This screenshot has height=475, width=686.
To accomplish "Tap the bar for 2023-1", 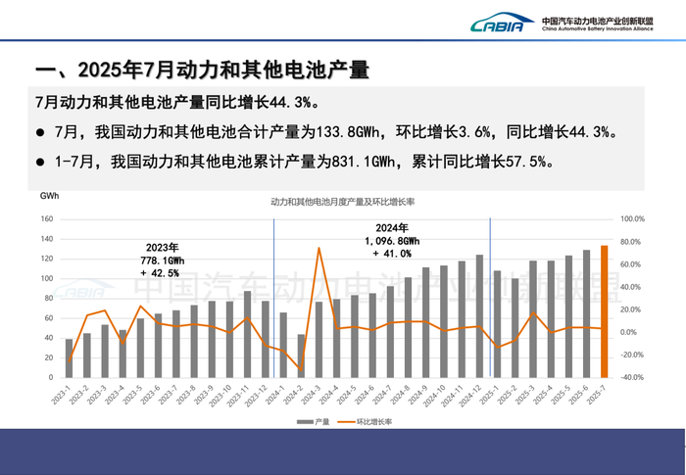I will tap(69, 357).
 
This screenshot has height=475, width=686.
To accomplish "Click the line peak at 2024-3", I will tap(319, 248).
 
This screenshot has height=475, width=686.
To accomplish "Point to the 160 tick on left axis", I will tap(46, 219).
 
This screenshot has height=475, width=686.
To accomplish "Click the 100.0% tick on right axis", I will tap(632, 219).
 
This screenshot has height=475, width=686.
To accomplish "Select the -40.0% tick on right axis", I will tap(632, 377).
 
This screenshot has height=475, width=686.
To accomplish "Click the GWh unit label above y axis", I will tap(49, 197).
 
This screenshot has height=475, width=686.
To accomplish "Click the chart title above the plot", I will tap(343, 201).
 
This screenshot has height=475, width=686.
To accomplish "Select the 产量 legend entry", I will tap(316, 422).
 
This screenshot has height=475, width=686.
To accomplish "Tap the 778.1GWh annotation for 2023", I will tap(162, 261).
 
